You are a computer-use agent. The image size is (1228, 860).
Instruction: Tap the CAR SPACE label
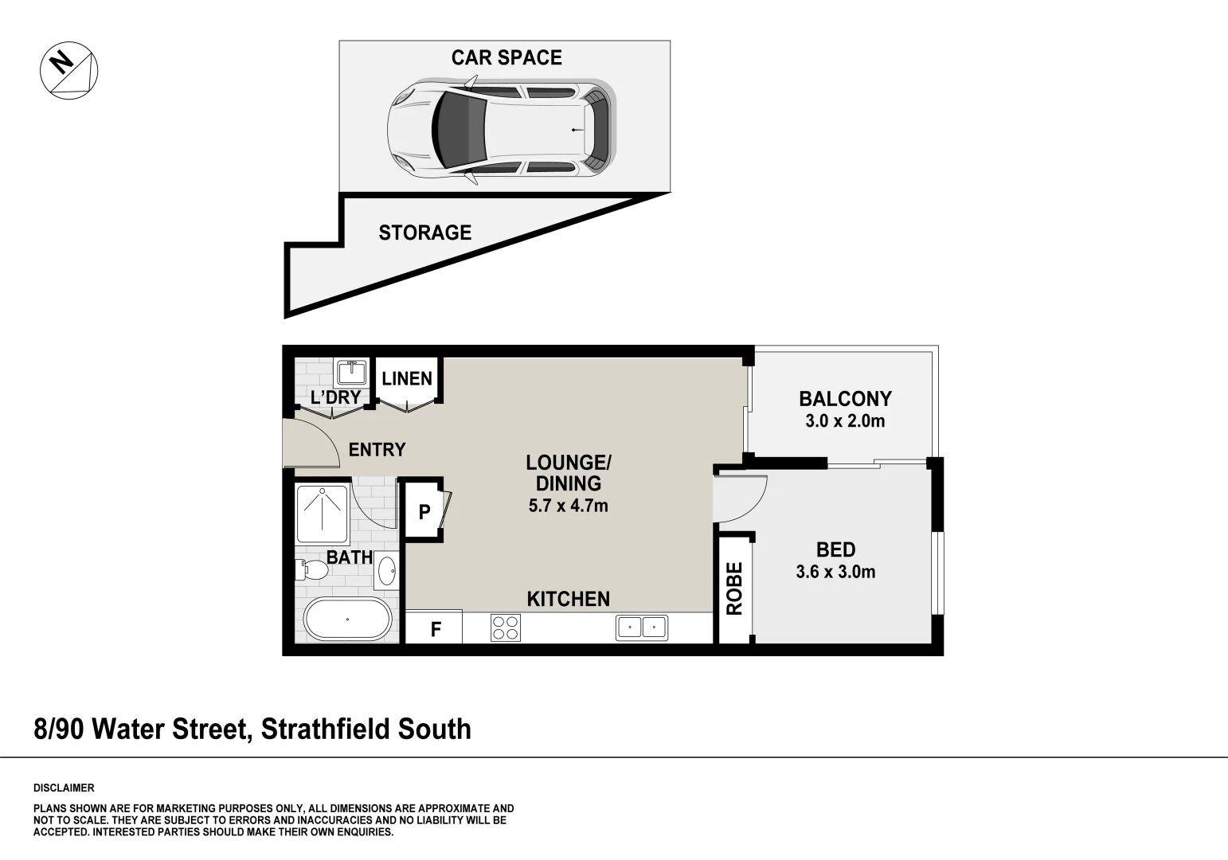[506, 57]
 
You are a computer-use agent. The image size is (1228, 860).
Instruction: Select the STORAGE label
[424, 233]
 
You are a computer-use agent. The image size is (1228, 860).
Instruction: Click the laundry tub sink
[351, 372]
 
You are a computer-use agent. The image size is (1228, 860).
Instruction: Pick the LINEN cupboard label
[407, 379]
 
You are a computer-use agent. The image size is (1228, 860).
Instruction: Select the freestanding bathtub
[347, 619]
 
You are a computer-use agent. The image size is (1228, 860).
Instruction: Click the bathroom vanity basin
[387, 571]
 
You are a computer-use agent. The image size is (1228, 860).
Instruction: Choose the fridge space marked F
[436, 630]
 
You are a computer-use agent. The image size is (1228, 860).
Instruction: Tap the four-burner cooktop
[505, 628]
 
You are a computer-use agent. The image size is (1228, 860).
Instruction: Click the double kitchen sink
[641, 627]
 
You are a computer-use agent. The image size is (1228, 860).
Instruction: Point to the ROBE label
[734, 588]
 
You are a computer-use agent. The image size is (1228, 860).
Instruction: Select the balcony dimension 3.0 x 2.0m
[845, 421]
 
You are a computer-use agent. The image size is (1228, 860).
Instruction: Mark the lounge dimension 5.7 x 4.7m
[568, 506]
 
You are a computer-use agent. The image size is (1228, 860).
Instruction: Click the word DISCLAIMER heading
[64, 788]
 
